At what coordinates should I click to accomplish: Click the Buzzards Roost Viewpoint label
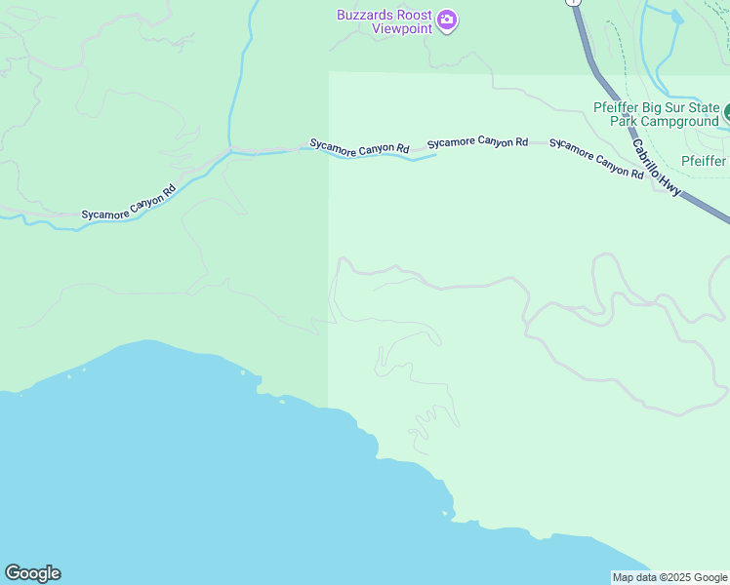pos(385,21)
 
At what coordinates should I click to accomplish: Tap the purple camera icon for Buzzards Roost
pos(447,19)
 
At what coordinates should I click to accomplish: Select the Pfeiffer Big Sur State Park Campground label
pos(655,114)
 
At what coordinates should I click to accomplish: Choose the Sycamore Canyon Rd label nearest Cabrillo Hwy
pos(596,159)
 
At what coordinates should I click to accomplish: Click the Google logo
pos(32,573)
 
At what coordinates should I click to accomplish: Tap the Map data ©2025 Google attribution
pos(669,577)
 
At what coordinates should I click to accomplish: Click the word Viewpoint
pos(402,28)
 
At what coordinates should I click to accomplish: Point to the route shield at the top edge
pos(574,2)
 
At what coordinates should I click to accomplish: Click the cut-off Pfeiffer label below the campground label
pos(704,161)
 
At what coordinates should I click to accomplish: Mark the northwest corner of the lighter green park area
pos(329,72)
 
